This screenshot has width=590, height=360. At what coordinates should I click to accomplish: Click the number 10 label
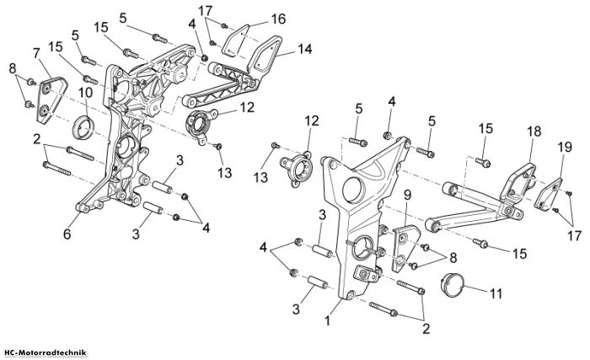85,93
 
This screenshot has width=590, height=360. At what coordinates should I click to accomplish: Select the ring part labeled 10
83,127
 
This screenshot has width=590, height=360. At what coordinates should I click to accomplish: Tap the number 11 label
496,293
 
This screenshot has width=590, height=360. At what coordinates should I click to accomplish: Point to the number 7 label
36,53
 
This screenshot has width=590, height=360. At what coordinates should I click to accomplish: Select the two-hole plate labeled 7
51,99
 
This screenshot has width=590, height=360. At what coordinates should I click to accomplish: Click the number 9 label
407,196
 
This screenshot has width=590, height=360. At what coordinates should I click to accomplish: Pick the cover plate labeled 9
405,248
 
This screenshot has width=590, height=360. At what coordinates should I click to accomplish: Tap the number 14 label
305,49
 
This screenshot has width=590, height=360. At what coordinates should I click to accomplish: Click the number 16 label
279,19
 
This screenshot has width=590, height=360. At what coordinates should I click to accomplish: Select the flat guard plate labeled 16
235,41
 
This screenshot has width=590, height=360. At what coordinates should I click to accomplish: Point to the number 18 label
534,132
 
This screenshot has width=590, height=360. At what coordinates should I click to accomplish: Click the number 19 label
565,147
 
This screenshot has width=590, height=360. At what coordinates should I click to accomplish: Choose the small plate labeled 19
548,194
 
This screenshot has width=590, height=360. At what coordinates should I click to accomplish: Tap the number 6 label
67,234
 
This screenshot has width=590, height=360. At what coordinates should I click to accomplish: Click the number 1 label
327,321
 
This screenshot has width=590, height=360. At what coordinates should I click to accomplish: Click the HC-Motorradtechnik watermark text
43,353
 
